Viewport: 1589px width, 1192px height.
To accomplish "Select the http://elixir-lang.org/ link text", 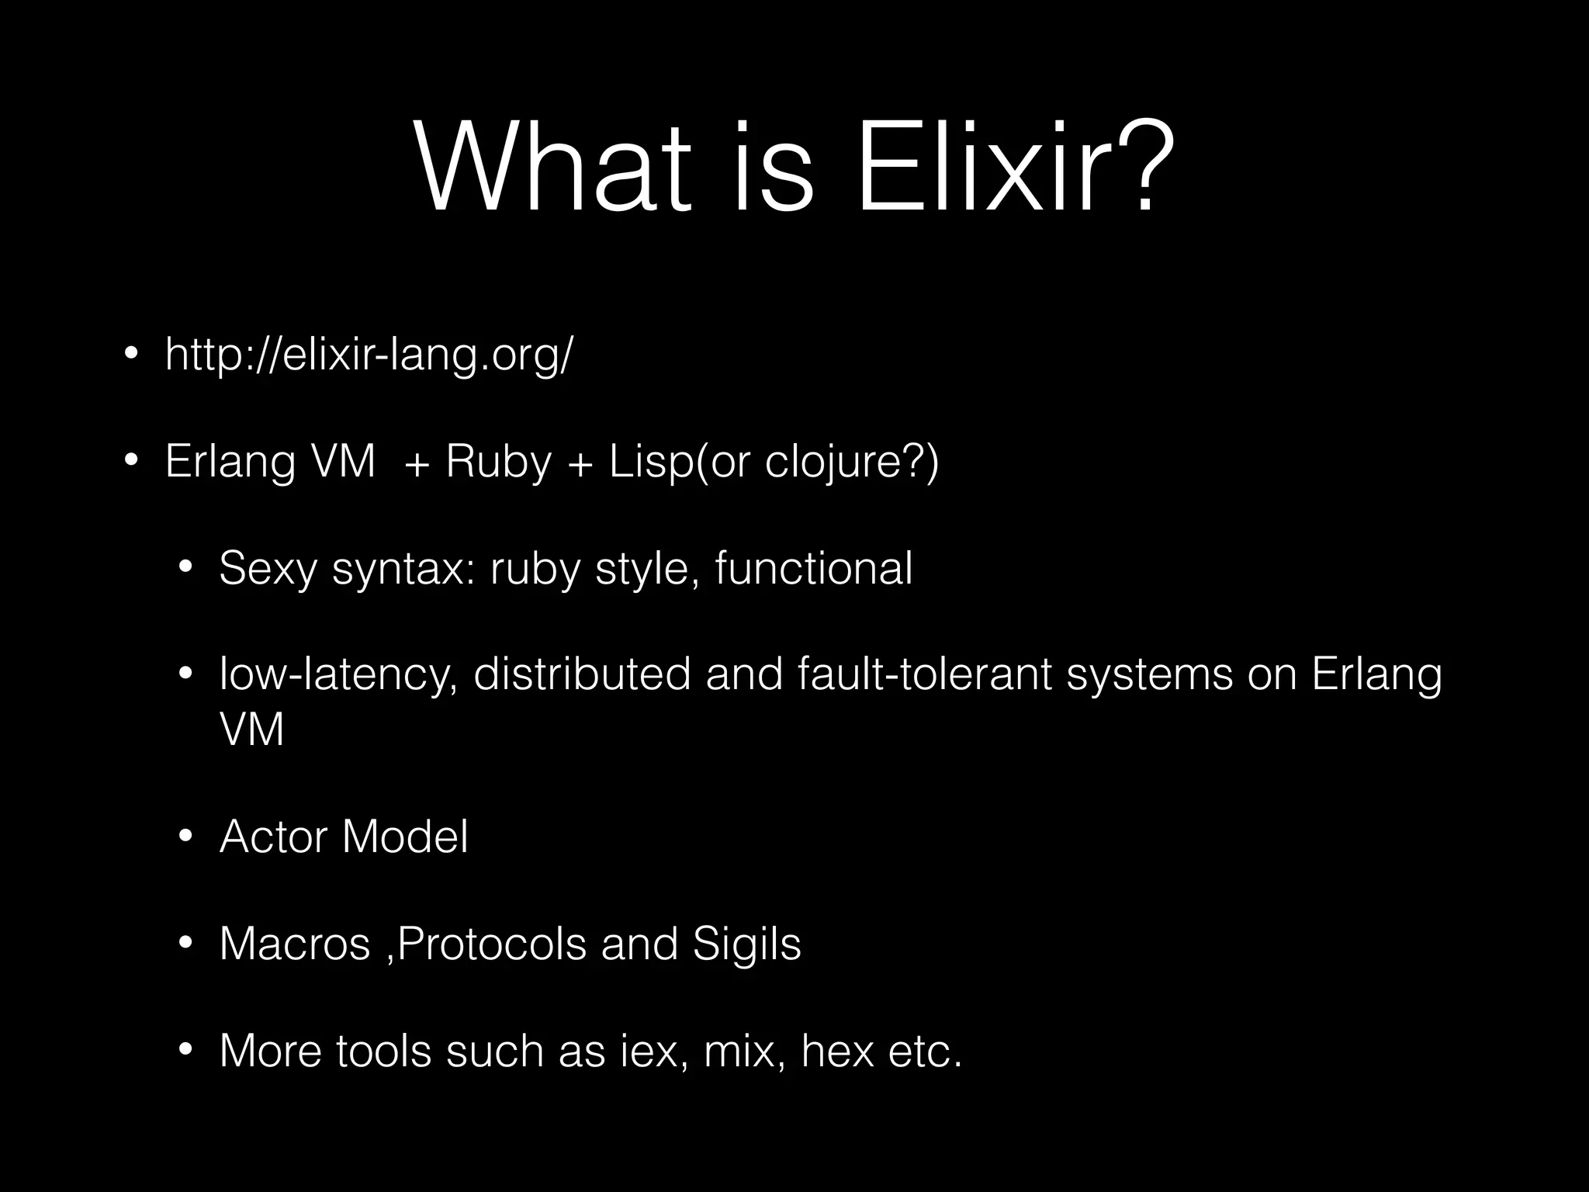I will pos(369,355).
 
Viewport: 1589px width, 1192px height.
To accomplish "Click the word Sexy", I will pos(268,569).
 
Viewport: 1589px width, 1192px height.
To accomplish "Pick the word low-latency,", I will pos(338,674).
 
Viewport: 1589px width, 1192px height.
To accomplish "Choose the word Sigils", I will pos(746,944).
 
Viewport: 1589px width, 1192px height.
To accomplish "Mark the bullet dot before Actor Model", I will pos(185,837).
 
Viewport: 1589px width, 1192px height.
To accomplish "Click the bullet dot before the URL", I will pos(130,355).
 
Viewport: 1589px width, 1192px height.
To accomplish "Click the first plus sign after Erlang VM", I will pos(417,464).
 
